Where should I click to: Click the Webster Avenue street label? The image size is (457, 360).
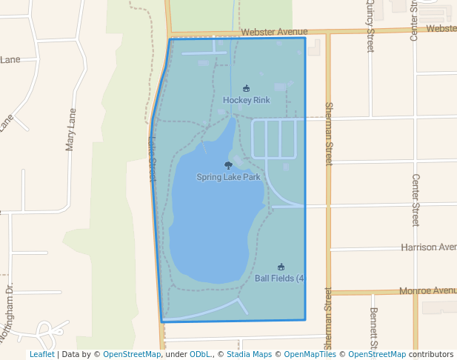[x=274, y=32]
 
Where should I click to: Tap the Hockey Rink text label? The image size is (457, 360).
[x=246, y=100]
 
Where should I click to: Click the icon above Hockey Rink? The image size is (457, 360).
[x=246, y=89]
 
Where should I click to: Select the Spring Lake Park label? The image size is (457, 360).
[x=228, y=177]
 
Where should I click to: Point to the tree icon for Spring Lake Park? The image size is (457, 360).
[x=228, y=166]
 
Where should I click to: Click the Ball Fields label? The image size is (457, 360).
[x=279, y=279]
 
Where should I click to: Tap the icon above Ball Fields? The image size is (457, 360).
[x=281, y=267]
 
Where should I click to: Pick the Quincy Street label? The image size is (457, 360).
[x=370, y=26]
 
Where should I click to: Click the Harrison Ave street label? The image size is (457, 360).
[x=428, y=247]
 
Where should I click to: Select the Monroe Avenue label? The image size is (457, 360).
[x=427, y=291]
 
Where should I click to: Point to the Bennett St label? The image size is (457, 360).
[x=374, y=327]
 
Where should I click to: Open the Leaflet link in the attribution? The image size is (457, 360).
[x=41, y=355]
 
